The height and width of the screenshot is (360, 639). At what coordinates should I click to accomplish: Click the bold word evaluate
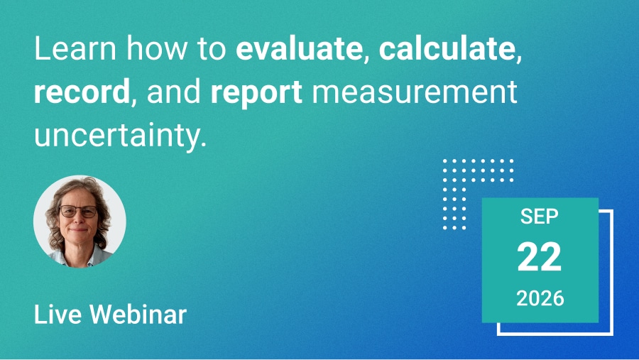(x=299, y=49)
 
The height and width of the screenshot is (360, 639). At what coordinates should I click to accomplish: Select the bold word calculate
(x=447, y=48)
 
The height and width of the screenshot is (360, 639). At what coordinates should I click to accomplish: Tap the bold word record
(x=82, y=92)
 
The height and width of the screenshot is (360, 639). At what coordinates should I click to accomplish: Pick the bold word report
(x=256, y=93)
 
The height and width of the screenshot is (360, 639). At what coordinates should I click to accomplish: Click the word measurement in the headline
(x=415, y=92)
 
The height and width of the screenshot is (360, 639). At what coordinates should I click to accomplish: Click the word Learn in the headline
(x=75, y=48)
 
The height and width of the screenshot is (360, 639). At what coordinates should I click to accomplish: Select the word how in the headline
(x=156, y=48)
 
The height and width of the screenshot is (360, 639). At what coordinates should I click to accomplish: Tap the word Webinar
(x=138, y=315)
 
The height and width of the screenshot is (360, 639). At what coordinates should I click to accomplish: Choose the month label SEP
(x=539, y=217)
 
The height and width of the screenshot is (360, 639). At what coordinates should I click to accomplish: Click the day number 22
(x=539, y=257)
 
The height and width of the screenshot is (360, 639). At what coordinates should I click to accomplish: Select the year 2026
(x=540, y=298)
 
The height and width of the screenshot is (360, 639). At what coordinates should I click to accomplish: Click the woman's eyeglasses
(x=78, y=212)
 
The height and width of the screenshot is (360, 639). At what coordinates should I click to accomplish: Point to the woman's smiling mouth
(x=79, y=230)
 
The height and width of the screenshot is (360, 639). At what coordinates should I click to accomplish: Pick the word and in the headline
(x=174, y=92)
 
